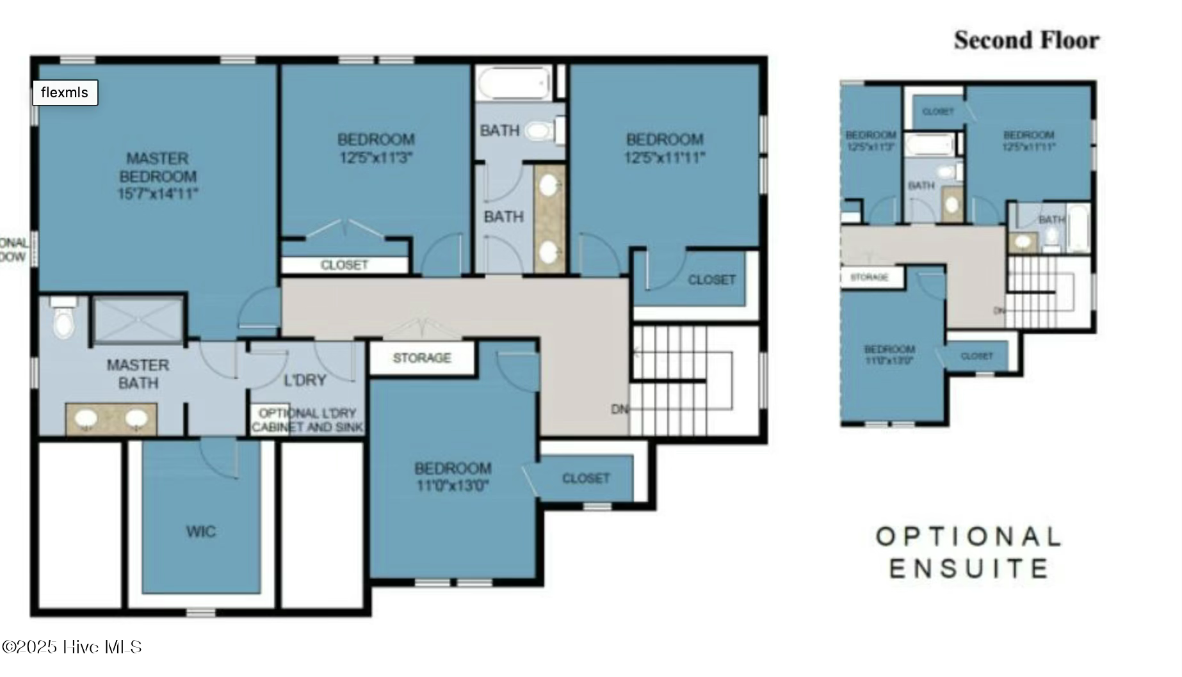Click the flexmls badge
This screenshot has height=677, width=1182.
click(x=65, y=93)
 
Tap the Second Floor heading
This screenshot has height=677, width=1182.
click(x=1026, y=40)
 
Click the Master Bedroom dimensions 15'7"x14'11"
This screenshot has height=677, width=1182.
click(x=158, y=194)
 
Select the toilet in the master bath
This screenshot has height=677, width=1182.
click(x=63, y=321)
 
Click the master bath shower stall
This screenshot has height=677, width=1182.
click(x=138, y=319)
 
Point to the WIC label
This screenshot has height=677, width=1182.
click(x=200, y=531)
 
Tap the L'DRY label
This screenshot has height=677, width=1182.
click(x=305, y=380)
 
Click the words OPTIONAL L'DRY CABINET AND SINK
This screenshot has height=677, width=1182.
click(x=307, y=420)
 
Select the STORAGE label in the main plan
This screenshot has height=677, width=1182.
click(x=421, y=358)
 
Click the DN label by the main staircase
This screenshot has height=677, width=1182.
click(x=619, y=409)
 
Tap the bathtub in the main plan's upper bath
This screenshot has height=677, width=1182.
click(x=514, y=84)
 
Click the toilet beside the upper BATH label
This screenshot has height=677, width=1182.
click(x=540, y=132)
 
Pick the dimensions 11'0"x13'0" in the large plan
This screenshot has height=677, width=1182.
click(x=452, y=486)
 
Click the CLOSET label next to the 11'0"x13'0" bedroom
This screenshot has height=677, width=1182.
click(x=585, y=479)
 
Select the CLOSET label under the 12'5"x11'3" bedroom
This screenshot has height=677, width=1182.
click(x=344, y=265)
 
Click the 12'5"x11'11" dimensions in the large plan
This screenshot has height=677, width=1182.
click(x=664, y=157)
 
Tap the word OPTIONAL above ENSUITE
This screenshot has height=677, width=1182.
click(x=967, y=536)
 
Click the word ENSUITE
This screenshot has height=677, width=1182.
click(x=967, y=568)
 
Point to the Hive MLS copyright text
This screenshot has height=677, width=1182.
click(x=71, y=647)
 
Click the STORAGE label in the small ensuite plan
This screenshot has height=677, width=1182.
click(x=869, y=277)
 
